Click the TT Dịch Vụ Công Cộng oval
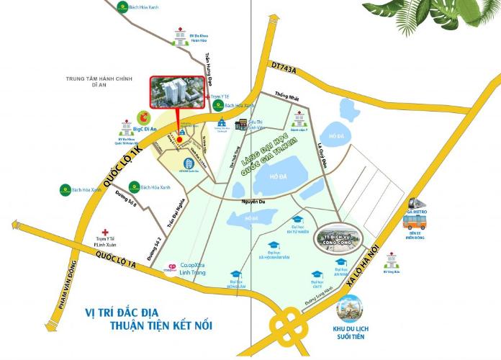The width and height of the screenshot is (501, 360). pos(338,238)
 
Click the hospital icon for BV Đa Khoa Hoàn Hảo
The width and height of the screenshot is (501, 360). pos(178,32)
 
